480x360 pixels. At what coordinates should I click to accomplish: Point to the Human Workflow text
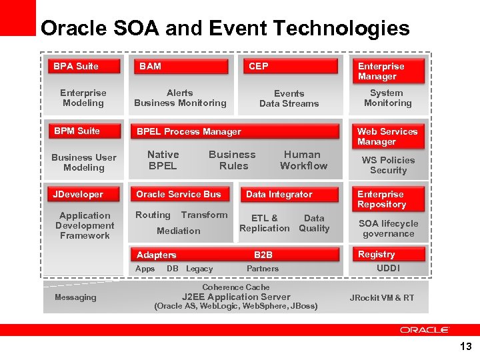[x=303, y=160]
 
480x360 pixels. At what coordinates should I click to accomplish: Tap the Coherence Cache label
[x=236, y=287]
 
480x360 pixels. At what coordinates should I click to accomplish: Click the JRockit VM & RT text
[x=382, y=297]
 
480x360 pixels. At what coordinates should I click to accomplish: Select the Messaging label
[x=75, y=297]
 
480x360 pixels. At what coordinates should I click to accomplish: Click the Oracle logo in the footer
[x=425, y=330]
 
